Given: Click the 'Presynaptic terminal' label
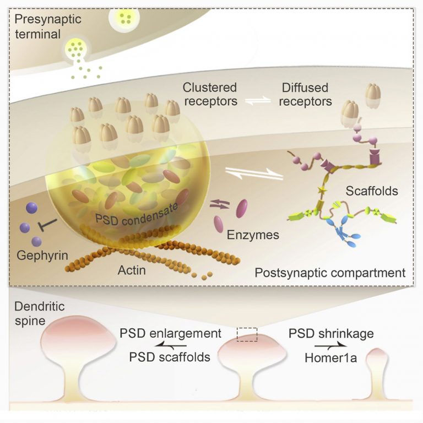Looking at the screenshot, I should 48,27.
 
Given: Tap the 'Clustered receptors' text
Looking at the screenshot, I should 211,94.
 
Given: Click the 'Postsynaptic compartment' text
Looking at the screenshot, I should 330,273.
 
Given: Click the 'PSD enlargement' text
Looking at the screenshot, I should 170,334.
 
